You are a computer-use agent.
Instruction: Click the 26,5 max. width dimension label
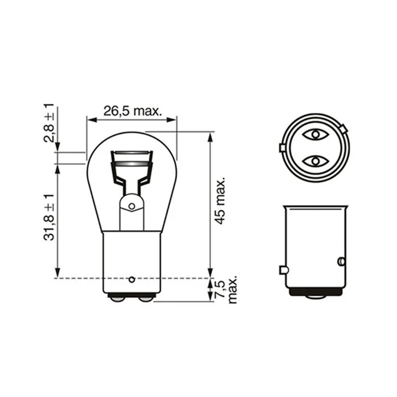click(132, 111)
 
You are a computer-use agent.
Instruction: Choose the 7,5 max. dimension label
click(226, 289)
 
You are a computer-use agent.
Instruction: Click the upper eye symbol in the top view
click(314, 134)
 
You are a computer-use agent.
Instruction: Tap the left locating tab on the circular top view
click(281, 147)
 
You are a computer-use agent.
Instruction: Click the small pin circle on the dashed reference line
click(132, 279)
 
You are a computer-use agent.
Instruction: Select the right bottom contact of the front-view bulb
click(145, 298)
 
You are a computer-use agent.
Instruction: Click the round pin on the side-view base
click(341, 261)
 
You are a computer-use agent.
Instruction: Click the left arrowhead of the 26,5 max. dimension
click(90, 119)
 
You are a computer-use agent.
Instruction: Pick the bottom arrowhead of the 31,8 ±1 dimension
click(59, 274)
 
